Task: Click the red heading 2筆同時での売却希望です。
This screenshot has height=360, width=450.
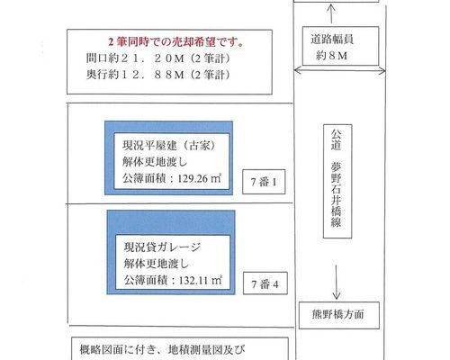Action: (x=176, y=42)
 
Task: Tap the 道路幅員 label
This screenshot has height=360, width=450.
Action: (x=332, y=40)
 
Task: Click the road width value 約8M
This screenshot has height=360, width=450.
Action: (x=331, y=56)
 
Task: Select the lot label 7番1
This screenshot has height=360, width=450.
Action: (x=264, y=182)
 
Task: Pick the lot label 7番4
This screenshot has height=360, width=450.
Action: (x=265, y=283)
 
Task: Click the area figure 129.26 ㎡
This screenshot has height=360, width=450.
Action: (x=200, y=178)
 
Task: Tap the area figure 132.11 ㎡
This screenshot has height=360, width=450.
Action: (x=201, y=280)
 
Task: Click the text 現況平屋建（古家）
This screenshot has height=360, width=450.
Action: (x=169, y=146)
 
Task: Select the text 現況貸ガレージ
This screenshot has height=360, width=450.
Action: (x=162, y=247)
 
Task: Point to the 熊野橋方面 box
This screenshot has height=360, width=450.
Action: (x=339, y=315)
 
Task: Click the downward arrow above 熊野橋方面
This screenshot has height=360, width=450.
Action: (x=337, y=283)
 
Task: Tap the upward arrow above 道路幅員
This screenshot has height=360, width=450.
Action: (x=331, y=13)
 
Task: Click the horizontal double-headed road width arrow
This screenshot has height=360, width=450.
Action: (x=339, y=71)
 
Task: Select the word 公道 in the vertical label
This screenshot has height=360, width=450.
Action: (x=337, y=139)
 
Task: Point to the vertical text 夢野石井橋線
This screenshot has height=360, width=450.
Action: (x=337, y=194)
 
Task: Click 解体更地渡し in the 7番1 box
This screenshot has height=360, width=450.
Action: (x=155, y=162)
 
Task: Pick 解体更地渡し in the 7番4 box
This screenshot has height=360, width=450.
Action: (x=157, y=264)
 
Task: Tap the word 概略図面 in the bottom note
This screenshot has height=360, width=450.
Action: (x=102, y=349)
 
